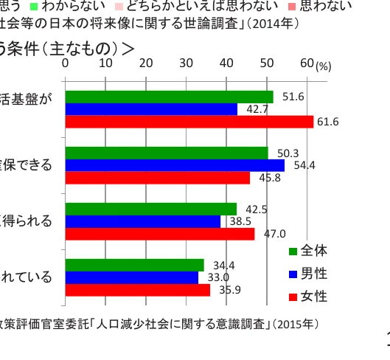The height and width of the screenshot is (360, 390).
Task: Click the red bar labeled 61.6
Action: tap(189, 122)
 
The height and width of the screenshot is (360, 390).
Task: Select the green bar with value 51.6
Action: tap(169, 97)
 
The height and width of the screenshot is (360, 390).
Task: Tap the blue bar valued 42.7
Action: tap(151, 109)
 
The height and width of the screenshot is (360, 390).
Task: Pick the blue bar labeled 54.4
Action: tap(175, 165)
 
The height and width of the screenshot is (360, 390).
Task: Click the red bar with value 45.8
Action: tap(158, 178)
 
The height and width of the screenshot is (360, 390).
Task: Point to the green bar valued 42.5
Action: tap(151, 209)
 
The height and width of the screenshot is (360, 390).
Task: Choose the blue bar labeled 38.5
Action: tap(143, 221)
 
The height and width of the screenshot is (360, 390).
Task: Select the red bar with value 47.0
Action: tap(160, 234)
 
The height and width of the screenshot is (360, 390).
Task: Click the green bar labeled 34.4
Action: tap(135, 265)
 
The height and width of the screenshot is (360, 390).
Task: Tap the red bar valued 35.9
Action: tap(138, 290)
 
